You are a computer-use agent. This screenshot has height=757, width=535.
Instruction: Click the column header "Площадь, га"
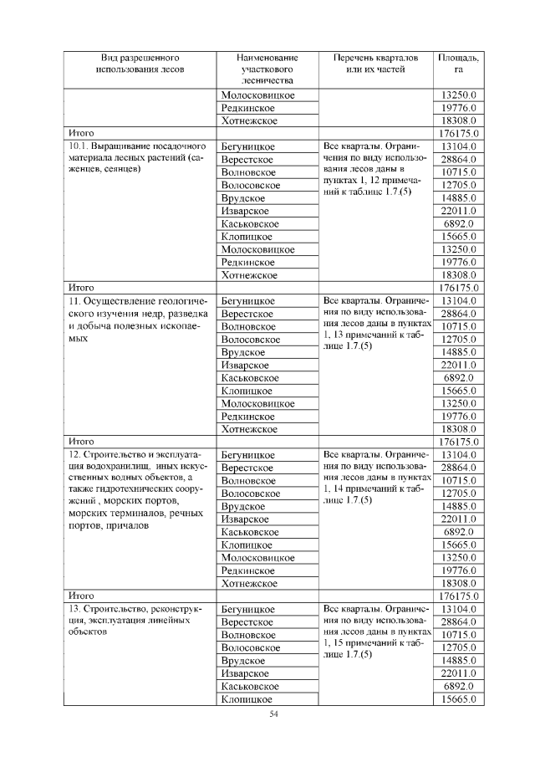[458, 64]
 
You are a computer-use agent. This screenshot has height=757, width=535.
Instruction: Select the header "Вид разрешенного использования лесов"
[140, 64]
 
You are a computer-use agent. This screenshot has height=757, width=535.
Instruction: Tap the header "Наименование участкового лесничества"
[264, 70]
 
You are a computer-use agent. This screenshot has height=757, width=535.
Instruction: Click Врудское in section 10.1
[243, 198]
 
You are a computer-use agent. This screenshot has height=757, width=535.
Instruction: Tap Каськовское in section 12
[250, 532]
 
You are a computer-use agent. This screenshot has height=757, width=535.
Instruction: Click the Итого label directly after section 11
[81, 442]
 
